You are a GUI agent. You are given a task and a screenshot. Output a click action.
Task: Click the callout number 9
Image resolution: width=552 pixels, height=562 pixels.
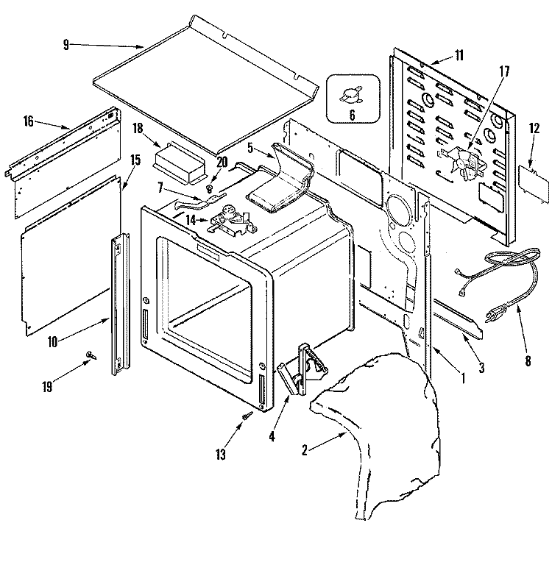tap(66, 45)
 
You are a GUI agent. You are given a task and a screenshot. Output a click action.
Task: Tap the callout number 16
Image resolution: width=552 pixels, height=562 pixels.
tap(29, 121)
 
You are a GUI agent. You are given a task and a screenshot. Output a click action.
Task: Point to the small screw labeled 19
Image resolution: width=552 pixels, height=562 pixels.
tap(90, 355)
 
